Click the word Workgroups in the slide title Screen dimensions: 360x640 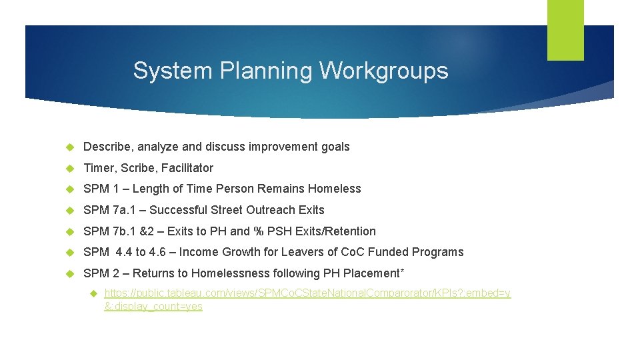click(x=384, y=71)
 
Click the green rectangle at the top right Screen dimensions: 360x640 click(x=565, y=30)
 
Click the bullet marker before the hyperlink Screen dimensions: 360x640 click(x=93, y=293)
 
